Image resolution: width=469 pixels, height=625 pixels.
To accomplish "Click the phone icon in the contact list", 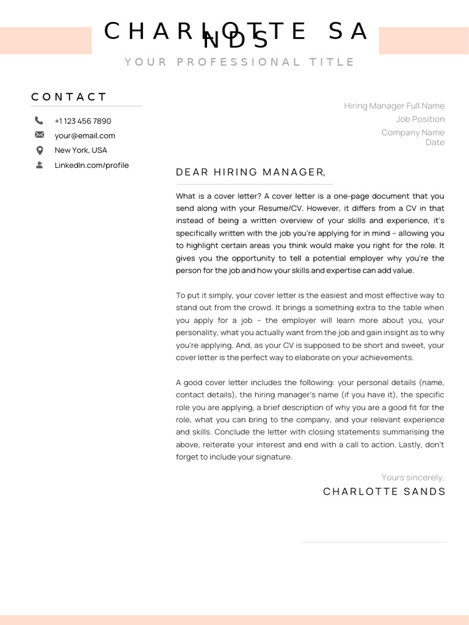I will tap(39, 121).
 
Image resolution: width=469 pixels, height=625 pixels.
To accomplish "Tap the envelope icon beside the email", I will tap(39, 135).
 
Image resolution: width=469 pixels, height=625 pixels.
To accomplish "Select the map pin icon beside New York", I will tap(39, 150).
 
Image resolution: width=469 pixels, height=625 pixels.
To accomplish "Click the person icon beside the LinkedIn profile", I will tap(39, 165).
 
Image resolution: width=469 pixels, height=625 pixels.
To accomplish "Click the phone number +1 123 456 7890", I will tap(82, 121).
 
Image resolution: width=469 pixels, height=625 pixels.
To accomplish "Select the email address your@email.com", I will tap(84, 135).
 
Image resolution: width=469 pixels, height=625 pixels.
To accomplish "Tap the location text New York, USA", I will tap(81, 150).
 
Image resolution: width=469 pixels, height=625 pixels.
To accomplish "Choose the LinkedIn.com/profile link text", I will tap(92, 165).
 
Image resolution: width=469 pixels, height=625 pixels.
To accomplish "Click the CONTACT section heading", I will tap(69, 97).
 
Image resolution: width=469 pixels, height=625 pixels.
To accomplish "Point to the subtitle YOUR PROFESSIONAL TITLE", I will tap(239, 62).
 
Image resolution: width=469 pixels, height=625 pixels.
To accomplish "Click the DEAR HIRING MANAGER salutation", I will tap(250, 172).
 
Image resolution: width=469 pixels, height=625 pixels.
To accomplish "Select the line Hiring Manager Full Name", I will tap(394, 106).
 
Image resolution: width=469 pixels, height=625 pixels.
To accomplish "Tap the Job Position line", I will tap(420, 119).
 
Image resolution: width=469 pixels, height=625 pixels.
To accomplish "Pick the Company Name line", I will tap(413, 132).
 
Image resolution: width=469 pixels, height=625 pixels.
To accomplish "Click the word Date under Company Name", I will tap(435, 142).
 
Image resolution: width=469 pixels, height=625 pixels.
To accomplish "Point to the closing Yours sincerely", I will tap(413, 477).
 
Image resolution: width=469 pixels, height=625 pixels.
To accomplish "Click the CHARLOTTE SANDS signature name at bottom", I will tap(384, 492).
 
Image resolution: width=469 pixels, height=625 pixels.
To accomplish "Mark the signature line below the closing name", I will tap(374, 542).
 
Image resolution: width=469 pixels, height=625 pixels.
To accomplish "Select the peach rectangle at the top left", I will tap(46, 41).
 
